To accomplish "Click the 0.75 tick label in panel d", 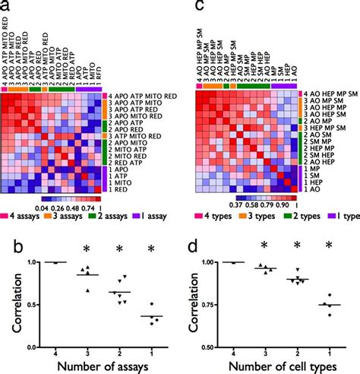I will tap(210, 305).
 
